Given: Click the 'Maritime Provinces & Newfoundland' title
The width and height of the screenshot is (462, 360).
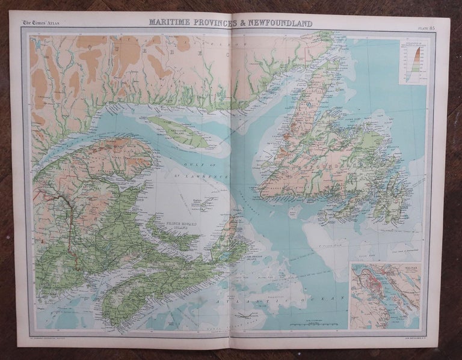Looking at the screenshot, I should [x=231, y=23].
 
